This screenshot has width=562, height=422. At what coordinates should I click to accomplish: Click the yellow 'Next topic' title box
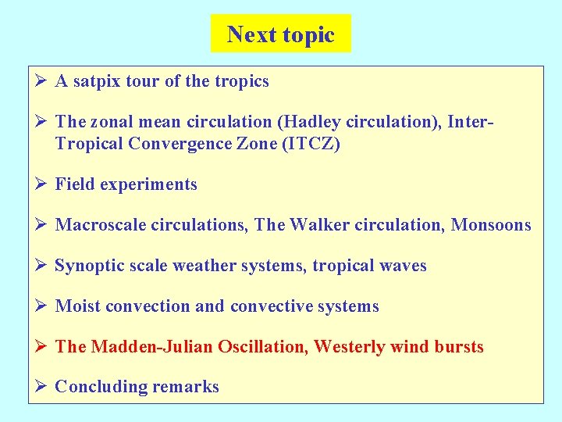(x=280, y=34)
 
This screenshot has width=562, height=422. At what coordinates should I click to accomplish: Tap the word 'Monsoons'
(x=491, y=225)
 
